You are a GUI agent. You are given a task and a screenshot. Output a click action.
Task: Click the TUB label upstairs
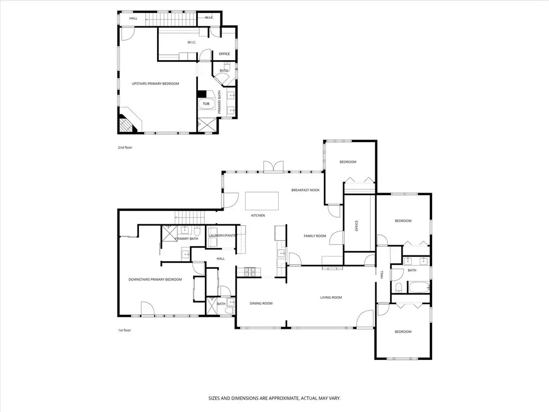pyautogui.click(x=206, y=104)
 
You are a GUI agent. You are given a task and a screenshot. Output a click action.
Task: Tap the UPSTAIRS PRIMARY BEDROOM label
pyautogui.click(x=155, y=84)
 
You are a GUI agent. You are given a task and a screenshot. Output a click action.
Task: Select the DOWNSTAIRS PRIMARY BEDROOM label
pyautogui.click(x=155, y=279)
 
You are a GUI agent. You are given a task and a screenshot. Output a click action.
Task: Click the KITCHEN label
pyautogui.click(x=258, y=216)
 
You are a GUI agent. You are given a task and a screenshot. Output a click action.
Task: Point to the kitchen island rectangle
pyautogui.click(x=262, y=201)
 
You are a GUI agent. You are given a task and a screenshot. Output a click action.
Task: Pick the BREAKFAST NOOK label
pyautogui.click(x=305, y=190)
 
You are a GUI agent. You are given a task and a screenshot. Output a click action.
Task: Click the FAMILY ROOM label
pyautogui.click(x=315, y=236)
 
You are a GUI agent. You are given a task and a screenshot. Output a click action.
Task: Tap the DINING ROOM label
pyautogui.click(x=261, y=304)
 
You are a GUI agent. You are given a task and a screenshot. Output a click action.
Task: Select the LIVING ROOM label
pyautogui.click(x=331, y=298)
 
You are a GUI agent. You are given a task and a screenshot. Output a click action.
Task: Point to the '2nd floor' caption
pyautogui.click(x=124, y=148)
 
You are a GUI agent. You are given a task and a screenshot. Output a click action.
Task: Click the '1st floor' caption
pyautogui.click(x=124, y=330)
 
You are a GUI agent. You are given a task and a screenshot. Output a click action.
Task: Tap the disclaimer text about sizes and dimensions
pyautogui.click(x=274, y=399)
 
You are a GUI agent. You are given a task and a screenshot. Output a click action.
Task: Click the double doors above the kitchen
pyautogui.click(x=273, y=166)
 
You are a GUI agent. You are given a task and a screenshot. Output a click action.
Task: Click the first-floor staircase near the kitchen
pyautogui.click(x=189, y=218)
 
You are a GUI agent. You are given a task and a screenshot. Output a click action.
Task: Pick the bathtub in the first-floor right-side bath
pyautogui.click(x=418, y=288)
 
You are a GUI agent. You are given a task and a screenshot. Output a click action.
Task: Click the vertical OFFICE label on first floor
pyautogui.click(x=357, y=226)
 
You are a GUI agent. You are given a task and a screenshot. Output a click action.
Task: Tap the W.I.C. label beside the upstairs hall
pyautogui.click(x=209, y=18)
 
